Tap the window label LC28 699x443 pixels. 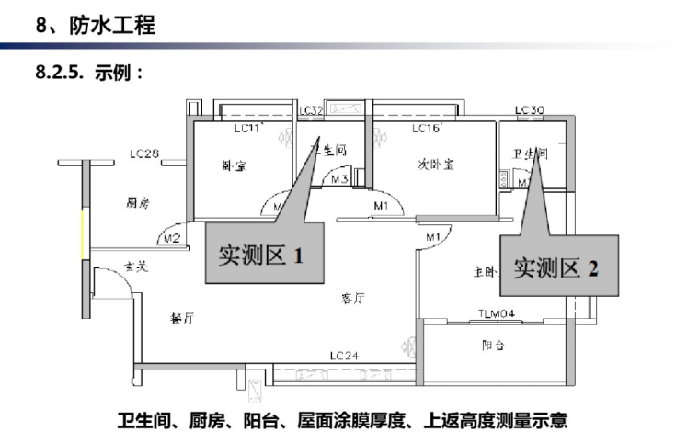point(145,153)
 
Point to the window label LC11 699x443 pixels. point(248,129)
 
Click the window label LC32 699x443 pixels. point(311,110)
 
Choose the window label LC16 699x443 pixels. point(427,129)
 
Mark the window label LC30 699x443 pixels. point(530,110)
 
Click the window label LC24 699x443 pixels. point(344,356)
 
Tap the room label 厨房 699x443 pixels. point(137,203)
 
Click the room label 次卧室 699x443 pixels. point(436,165)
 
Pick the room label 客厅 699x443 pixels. point(353,298)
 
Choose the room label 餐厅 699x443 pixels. point(181,319)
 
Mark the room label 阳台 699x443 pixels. point(494,346)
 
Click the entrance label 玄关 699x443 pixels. point(136,267)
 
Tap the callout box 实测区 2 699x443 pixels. point(556,267)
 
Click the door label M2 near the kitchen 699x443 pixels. point(170,239)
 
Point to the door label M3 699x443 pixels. point(338,179)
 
